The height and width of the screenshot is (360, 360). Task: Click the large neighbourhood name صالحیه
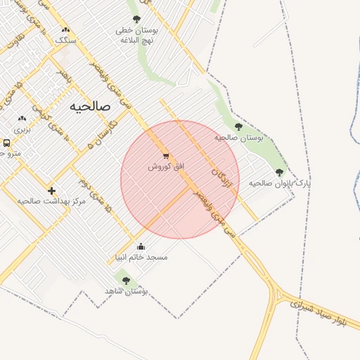[91, 106]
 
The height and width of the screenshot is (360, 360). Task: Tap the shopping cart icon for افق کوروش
[166, 156]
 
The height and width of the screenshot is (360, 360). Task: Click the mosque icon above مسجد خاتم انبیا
[141, 247]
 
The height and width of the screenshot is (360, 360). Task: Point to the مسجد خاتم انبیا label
[141, 257]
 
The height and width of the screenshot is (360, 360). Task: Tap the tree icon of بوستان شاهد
[126, 281]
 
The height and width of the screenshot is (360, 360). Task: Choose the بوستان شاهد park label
[126, 291]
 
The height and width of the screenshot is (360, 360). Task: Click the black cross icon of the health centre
[51, 191]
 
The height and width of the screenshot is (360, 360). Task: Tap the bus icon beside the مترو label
[6, 143]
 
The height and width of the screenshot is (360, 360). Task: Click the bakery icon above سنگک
[65, 30]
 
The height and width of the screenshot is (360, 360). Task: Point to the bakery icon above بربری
[22, 119]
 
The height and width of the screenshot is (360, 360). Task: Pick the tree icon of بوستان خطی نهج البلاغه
[136, 19]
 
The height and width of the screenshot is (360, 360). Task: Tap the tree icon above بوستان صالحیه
[238, 127]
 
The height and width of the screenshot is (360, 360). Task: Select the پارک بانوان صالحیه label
[280, 183]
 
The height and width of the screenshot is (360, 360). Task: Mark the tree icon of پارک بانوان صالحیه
[280, 172]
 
